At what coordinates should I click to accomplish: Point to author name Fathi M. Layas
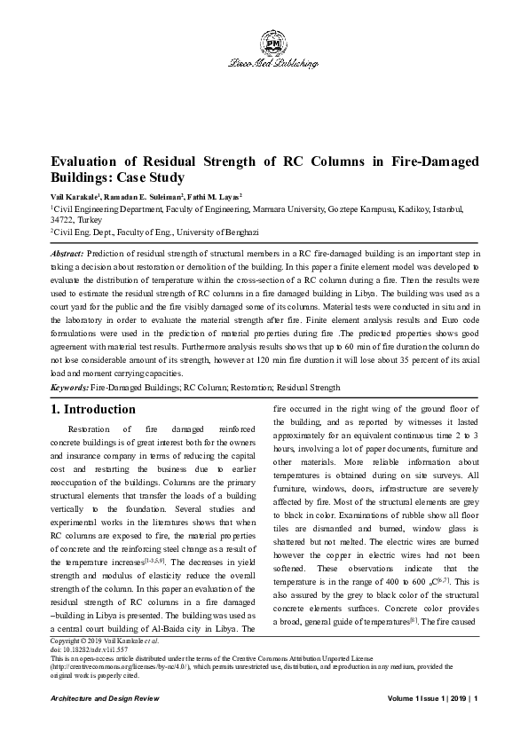[213, 195]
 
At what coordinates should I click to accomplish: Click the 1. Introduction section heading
[94, 410]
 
